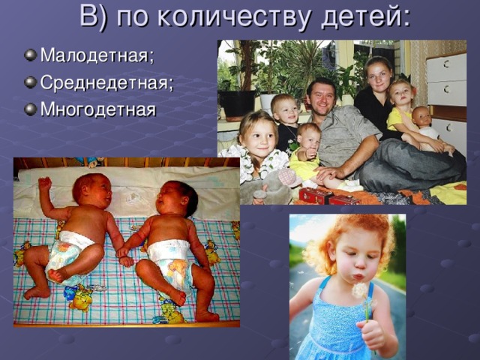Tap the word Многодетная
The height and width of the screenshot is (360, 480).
click(98, 109)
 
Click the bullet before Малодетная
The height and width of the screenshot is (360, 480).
click(30, 55)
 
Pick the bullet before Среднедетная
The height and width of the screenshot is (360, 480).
click(30, 82)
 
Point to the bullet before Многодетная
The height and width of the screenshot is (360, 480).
click(30, 109)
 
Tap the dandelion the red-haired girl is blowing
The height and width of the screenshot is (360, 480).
click(360, 291)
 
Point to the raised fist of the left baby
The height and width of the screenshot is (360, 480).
click(45, 183)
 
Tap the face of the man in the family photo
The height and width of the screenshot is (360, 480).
click(322, 97)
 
